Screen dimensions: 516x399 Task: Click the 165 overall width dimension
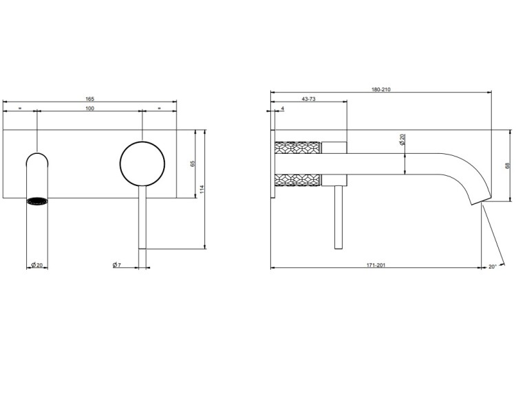90,99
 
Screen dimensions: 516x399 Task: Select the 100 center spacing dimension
90,109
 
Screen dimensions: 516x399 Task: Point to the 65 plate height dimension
193,163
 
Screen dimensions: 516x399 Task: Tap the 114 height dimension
202,189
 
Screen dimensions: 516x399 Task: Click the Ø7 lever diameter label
117,264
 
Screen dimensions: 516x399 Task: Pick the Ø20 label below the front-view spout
37,264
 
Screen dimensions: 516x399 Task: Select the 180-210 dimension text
381,89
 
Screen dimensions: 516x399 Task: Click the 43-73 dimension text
309,99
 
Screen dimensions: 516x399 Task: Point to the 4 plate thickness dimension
283,109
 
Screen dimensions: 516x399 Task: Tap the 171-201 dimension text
376,265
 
